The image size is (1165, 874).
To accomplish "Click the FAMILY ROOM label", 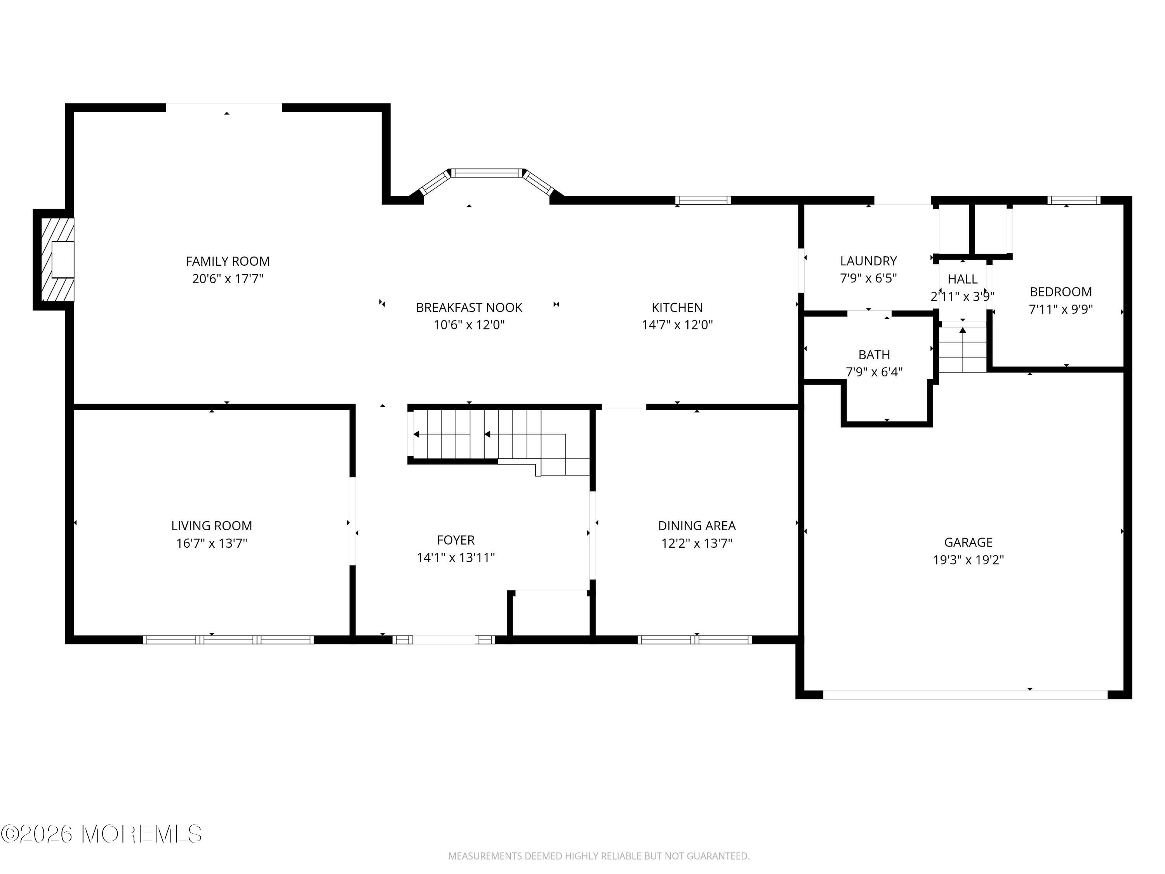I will pyautogui.click(x=228, y=261).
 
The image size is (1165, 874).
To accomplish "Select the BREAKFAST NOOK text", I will pyautogui.click(x=469, y=308).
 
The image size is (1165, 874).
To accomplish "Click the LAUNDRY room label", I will pyautogui.click(x=868, y=261).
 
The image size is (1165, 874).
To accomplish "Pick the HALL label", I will pyautogui.click(x=962, y=279).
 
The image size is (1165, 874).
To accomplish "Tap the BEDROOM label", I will pyautogui.click(x=1060, y=292).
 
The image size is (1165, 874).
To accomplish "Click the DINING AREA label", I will pyautogui.click(x=696, y=526).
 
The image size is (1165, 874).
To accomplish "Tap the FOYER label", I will pyautogui.click(x=456, y=540).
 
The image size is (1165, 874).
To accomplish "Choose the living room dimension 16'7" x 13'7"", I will pyautogui.click(x=211, y=543).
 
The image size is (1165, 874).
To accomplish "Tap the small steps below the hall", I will pyautogui.click(x=962, y=350).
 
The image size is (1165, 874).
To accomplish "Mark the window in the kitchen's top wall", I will pyautogui.click(x=702, y=200).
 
